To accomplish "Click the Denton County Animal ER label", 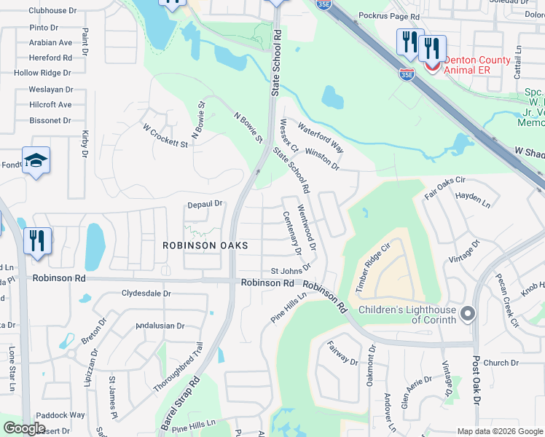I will [x=466, y=65].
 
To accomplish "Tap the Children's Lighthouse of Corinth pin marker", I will [x=468, y=314].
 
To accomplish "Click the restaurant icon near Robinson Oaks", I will [x=37, y=241].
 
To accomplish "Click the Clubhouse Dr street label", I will [x=52, y=11].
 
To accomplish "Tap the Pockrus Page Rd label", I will [x=389, y=16].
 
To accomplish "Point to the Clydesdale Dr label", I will [x=146, y=294].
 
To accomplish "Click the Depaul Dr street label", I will [x=204, y=205].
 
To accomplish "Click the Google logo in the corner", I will [x=23, y=428].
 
